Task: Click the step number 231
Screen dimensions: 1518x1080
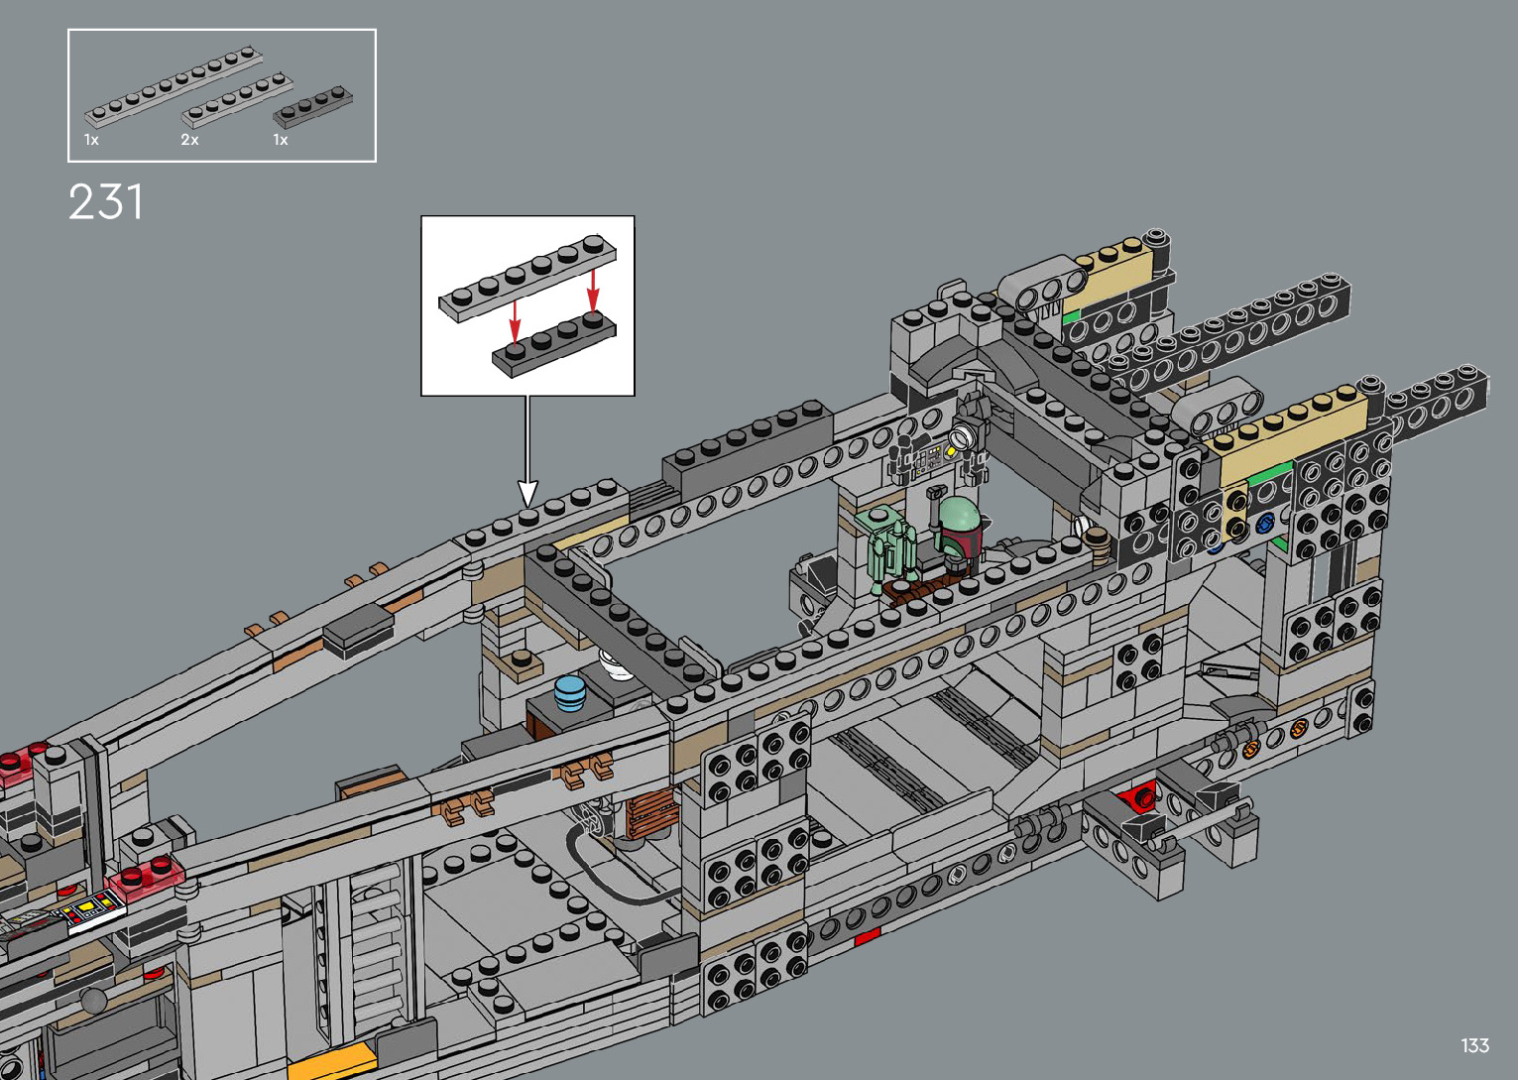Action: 106,201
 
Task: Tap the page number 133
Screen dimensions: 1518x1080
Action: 1474,1044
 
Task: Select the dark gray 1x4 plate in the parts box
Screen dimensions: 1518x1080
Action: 312,107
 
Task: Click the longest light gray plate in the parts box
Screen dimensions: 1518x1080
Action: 174,86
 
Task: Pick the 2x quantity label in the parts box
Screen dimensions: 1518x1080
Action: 189,140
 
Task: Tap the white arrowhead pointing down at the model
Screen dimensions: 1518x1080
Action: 527,493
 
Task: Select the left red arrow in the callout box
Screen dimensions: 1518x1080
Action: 515,321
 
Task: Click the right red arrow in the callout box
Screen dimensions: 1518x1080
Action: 593,290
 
